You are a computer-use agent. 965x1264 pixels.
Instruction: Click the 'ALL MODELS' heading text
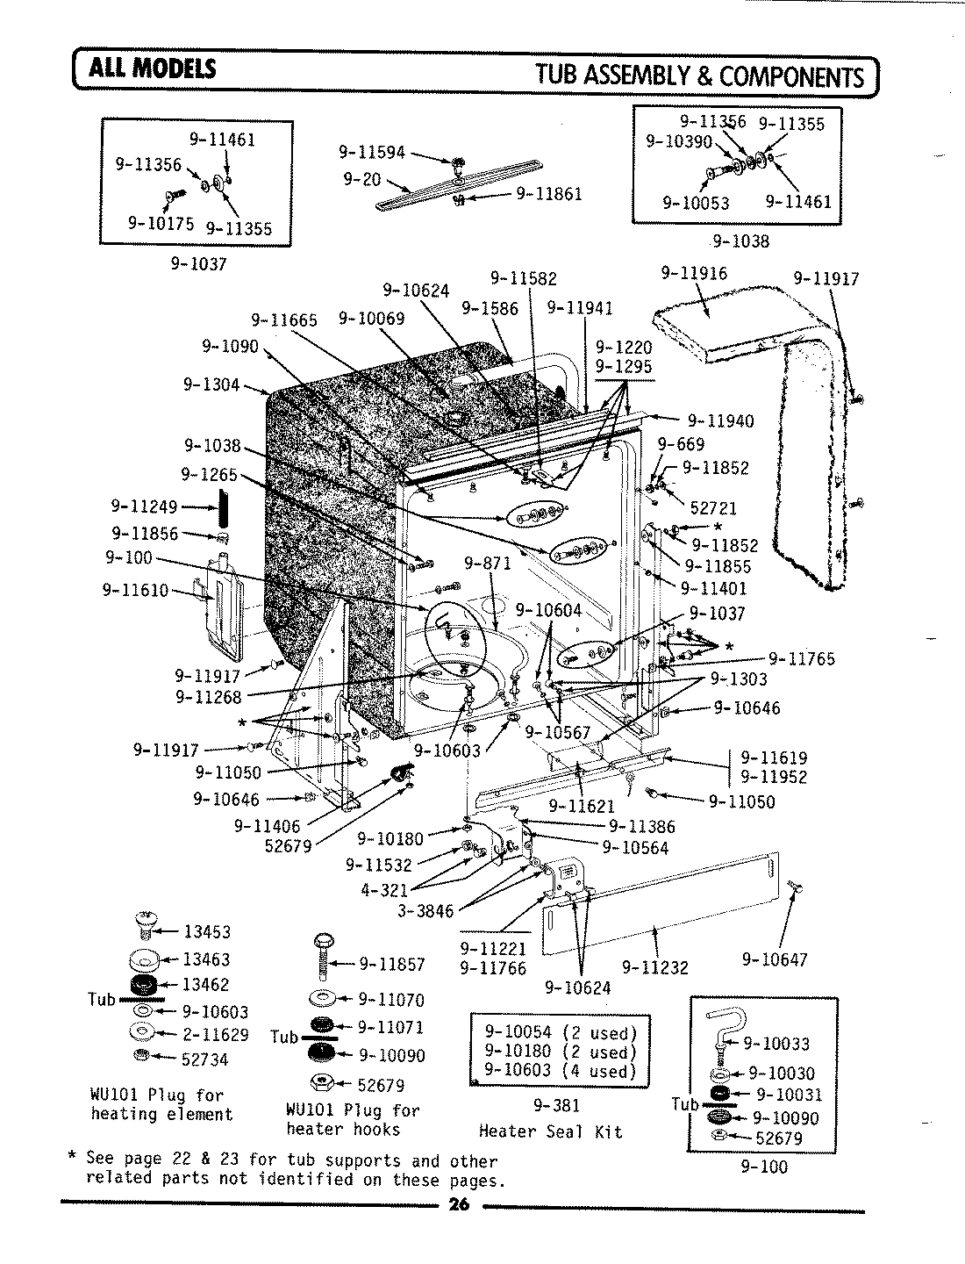coord(149,68)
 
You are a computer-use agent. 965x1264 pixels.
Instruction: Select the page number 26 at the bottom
coord(459,1204)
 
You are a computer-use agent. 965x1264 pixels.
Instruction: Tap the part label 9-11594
coord(372,153)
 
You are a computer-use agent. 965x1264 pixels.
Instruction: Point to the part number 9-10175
coord(161,223)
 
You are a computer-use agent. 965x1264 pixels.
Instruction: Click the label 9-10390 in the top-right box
coord(679,140)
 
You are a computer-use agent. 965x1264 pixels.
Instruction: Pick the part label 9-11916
coord(693,274)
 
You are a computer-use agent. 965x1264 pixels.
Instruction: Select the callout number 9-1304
coord(211,384)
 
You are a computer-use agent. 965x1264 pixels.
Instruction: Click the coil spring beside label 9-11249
coord(224,506)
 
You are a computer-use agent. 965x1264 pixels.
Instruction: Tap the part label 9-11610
coord(135,590)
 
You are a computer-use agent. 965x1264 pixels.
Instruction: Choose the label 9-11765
coord(802,658)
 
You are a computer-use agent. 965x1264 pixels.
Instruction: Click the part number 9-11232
coord(655,967)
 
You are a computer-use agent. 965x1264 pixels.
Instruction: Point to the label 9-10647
coord(775,959)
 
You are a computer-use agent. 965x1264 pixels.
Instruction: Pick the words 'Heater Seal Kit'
coord(550,1131)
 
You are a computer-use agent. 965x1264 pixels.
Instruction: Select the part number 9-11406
coord(267,826)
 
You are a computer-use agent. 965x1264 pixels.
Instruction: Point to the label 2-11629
coord(215,1035)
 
